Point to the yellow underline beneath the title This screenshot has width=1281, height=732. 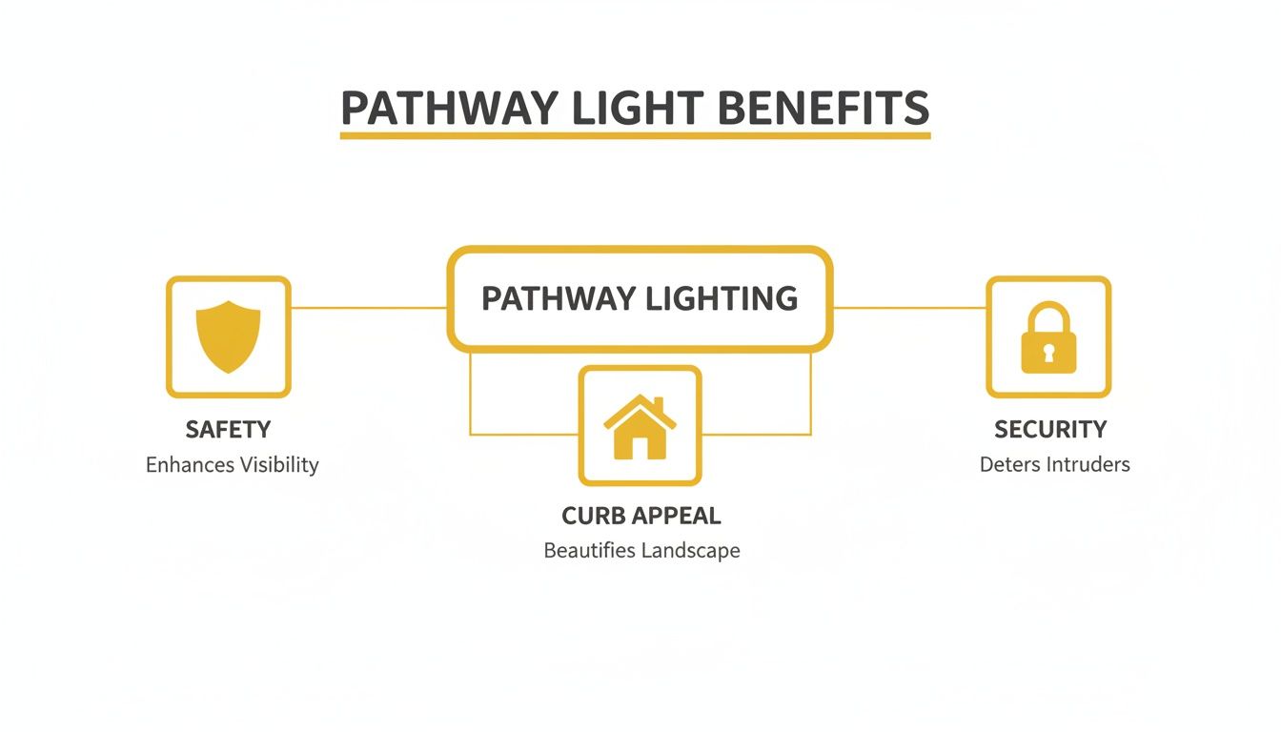pyautogui.click(x=635, y=136)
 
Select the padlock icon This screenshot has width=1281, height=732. pyautogui.click(x=1047, y=338)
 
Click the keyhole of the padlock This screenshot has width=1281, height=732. pyautogui.click(x=1047, y=353)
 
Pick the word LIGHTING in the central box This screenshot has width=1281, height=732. pyautogui.click(x=722, y=298)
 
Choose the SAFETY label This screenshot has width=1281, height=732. pyautogui.click(x=228, y=430)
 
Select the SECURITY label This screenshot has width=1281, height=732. pyautogui.click(x=1050, y=430)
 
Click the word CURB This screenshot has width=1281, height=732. pyautogui.click(x=592, y=516)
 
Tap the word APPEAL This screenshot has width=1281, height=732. pyautogui.click(x=677, y=516)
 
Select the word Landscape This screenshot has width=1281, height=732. pyautogui.click(x=691, y=551)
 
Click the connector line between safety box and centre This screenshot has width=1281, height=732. pyautogui.click(x=368, y=308)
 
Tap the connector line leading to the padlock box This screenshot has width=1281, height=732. pyautogui.click(x=909, y=308)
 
